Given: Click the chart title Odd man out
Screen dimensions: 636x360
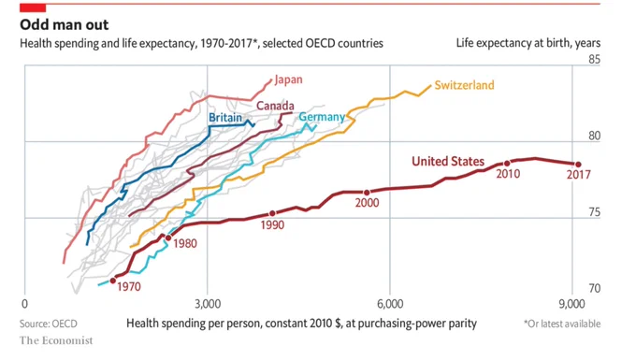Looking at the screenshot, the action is [65, 24].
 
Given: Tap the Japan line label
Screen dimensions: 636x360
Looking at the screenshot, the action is [288, 79].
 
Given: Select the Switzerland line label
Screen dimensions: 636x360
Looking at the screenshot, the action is [465, 85].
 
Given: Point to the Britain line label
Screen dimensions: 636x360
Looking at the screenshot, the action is [225, 118].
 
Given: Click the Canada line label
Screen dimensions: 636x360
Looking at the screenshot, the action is [275, 106].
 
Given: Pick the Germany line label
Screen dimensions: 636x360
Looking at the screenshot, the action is [322, 117].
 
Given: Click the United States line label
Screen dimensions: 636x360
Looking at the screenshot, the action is [448, 162].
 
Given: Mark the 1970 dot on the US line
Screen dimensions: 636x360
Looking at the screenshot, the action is [113, 281].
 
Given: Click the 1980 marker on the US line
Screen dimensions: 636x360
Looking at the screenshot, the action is [168, 238].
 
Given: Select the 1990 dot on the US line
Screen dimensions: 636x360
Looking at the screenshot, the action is [272, 213].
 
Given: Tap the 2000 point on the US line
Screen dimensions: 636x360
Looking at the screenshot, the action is [367, 193].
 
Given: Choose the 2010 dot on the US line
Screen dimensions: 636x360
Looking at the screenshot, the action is [507, 164].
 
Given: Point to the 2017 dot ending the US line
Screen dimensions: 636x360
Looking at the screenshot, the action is [578, 165].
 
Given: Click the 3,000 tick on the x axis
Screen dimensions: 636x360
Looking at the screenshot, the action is [208, 304].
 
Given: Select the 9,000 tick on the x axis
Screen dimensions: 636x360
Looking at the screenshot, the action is [571, 304].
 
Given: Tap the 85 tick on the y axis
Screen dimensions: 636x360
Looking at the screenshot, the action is [594, 60].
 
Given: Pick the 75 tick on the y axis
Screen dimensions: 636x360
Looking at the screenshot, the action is [594, 212].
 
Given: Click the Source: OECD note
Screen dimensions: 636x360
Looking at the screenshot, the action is [49, 324].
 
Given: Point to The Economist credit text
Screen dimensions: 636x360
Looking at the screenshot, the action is [56, 340].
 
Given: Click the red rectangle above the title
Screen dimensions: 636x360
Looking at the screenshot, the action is [33, 7].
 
